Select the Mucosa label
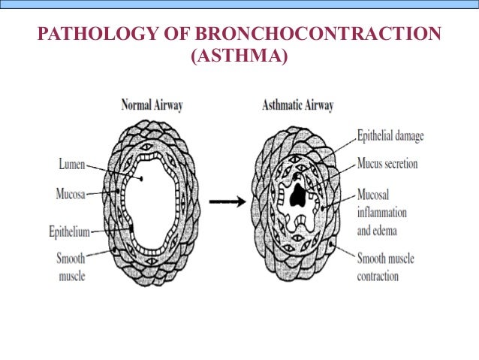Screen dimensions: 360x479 pyautogui.click(x=71, y=193)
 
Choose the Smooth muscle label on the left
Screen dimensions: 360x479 pyautogui.click(x=71, y=267)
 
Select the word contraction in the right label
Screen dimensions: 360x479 pyautogui.click(x=378, y=276)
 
